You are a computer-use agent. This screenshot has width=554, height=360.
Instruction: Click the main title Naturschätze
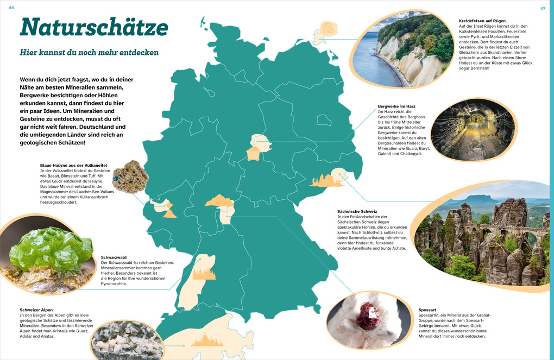(94, 27)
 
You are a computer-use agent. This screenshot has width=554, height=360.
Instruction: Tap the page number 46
(11, 8)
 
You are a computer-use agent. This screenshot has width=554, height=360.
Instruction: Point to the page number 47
(542, 8)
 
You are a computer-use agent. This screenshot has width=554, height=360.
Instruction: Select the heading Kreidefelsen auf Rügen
(482, 21)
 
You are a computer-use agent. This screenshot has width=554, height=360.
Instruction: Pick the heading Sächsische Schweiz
(357, 211)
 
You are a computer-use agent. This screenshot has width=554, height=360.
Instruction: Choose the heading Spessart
(429, 310)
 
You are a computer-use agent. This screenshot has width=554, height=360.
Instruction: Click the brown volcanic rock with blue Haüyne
(130, 176)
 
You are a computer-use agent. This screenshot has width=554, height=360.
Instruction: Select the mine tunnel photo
(471, 130)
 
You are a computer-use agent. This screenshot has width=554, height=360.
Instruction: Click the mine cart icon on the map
(253, 154)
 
